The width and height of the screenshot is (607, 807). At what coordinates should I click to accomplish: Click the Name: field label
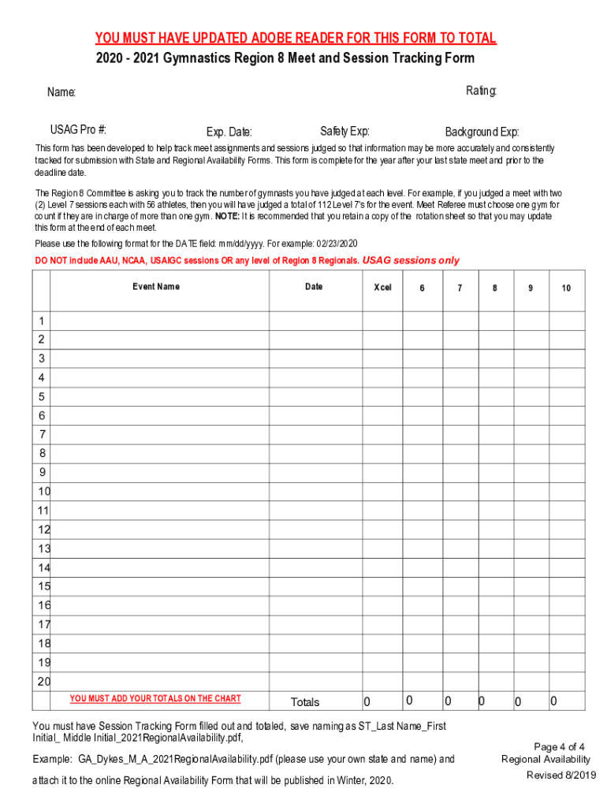(61, 93)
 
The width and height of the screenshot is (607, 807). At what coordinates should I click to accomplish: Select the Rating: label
(481, 91)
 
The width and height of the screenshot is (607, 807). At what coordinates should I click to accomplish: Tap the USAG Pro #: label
(79, 130)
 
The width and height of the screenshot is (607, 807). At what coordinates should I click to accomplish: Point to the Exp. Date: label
(229, 132)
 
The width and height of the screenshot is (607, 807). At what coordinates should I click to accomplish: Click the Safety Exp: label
(344, 131)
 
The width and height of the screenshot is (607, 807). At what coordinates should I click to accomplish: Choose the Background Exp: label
(482, 132)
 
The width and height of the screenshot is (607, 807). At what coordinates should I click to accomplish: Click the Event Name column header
(156, 287)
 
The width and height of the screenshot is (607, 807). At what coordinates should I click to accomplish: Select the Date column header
(314, 287)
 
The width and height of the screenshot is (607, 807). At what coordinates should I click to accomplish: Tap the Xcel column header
(382, 288)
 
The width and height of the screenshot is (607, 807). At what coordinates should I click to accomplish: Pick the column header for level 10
(566, 288)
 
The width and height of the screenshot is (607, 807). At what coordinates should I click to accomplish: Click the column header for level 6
(422, 288)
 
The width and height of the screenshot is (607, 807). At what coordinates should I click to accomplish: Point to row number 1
(41, 321)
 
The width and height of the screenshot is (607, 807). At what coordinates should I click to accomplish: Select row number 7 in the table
(41, 434)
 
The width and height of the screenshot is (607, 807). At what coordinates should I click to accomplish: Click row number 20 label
(43, 682)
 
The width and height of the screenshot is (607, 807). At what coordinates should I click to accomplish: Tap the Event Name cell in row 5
(159, 396)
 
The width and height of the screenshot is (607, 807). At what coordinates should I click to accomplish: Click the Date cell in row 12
(315, 530)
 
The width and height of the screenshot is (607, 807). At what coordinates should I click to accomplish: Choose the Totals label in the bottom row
(305, 702)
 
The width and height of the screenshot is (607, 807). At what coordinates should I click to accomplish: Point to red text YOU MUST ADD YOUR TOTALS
(155, 698)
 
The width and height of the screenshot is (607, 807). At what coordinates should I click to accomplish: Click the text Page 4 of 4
(559, 747)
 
